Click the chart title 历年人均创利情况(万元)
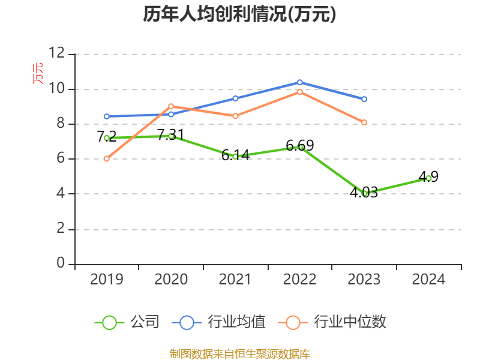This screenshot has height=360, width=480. point(239,14)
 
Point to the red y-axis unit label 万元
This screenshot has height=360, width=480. point(38,73)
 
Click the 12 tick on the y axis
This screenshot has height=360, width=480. point(57,54)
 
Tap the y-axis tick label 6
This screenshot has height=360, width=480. point(61,159)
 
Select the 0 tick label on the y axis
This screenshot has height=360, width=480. point(61,263)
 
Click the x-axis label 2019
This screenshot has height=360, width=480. point(107,280)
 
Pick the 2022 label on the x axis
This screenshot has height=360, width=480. point(299,280)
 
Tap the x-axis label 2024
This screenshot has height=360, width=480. point(428,280)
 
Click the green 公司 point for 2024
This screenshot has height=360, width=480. point(428,178)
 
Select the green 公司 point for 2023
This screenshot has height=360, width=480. point(364,193)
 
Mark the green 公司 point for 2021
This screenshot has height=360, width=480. point(235,157)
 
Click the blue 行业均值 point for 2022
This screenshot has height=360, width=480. point(299,82)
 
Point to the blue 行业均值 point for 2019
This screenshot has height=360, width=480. point(107,116)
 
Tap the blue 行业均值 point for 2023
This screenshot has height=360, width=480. point(364,99)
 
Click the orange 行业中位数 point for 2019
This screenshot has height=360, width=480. point(107,158)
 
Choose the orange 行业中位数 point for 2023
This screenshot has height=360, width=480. point(364,122)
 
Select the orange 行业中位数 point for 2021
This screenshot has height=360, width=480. point(235,116)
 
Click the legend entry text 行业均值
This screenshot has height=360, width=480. point(236,322)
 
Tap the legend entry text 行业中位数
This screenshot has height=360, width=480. point(350,322)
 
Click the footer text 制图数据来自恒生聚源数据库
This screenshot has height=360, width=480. point(239,353)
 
